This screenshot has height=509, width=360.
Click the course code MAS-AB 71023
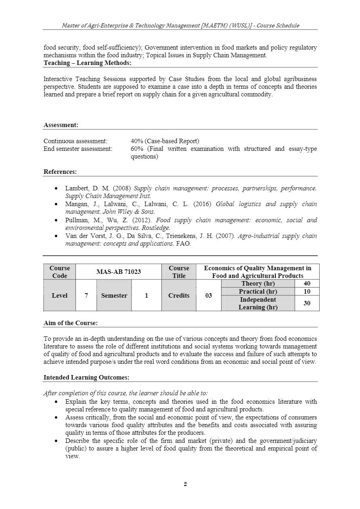click(x=118, y=272)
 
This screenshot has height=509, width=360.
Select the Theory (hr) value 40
click(x=307, y=284)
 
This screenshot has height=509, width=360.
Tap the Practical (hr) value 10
click(x=307, y=292)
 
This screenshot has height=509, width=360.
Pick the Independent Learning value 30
click(x=307, y=303)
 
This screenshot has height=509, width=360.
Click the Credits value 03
click(x=208, y=296)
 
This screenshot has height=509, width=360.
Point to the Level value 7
click(x=86, y=296)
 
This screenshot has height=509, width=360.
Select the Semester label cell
click(x=114, y=296)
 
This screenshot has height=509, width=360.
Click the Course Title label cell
click(x=179, y=272)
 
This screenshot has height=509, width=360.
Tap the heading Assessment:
click(x=61, y=125)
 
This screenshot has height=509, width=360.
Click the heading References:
click(x=60, y=172)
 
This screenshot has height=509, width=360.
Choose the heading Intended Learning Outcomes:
click(x=86, y=378)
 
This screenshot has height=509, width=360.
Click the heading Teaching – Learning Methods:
click(x=87, y=63)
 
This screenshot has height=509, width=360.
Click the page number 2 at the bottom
click(x=185, y=484)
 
